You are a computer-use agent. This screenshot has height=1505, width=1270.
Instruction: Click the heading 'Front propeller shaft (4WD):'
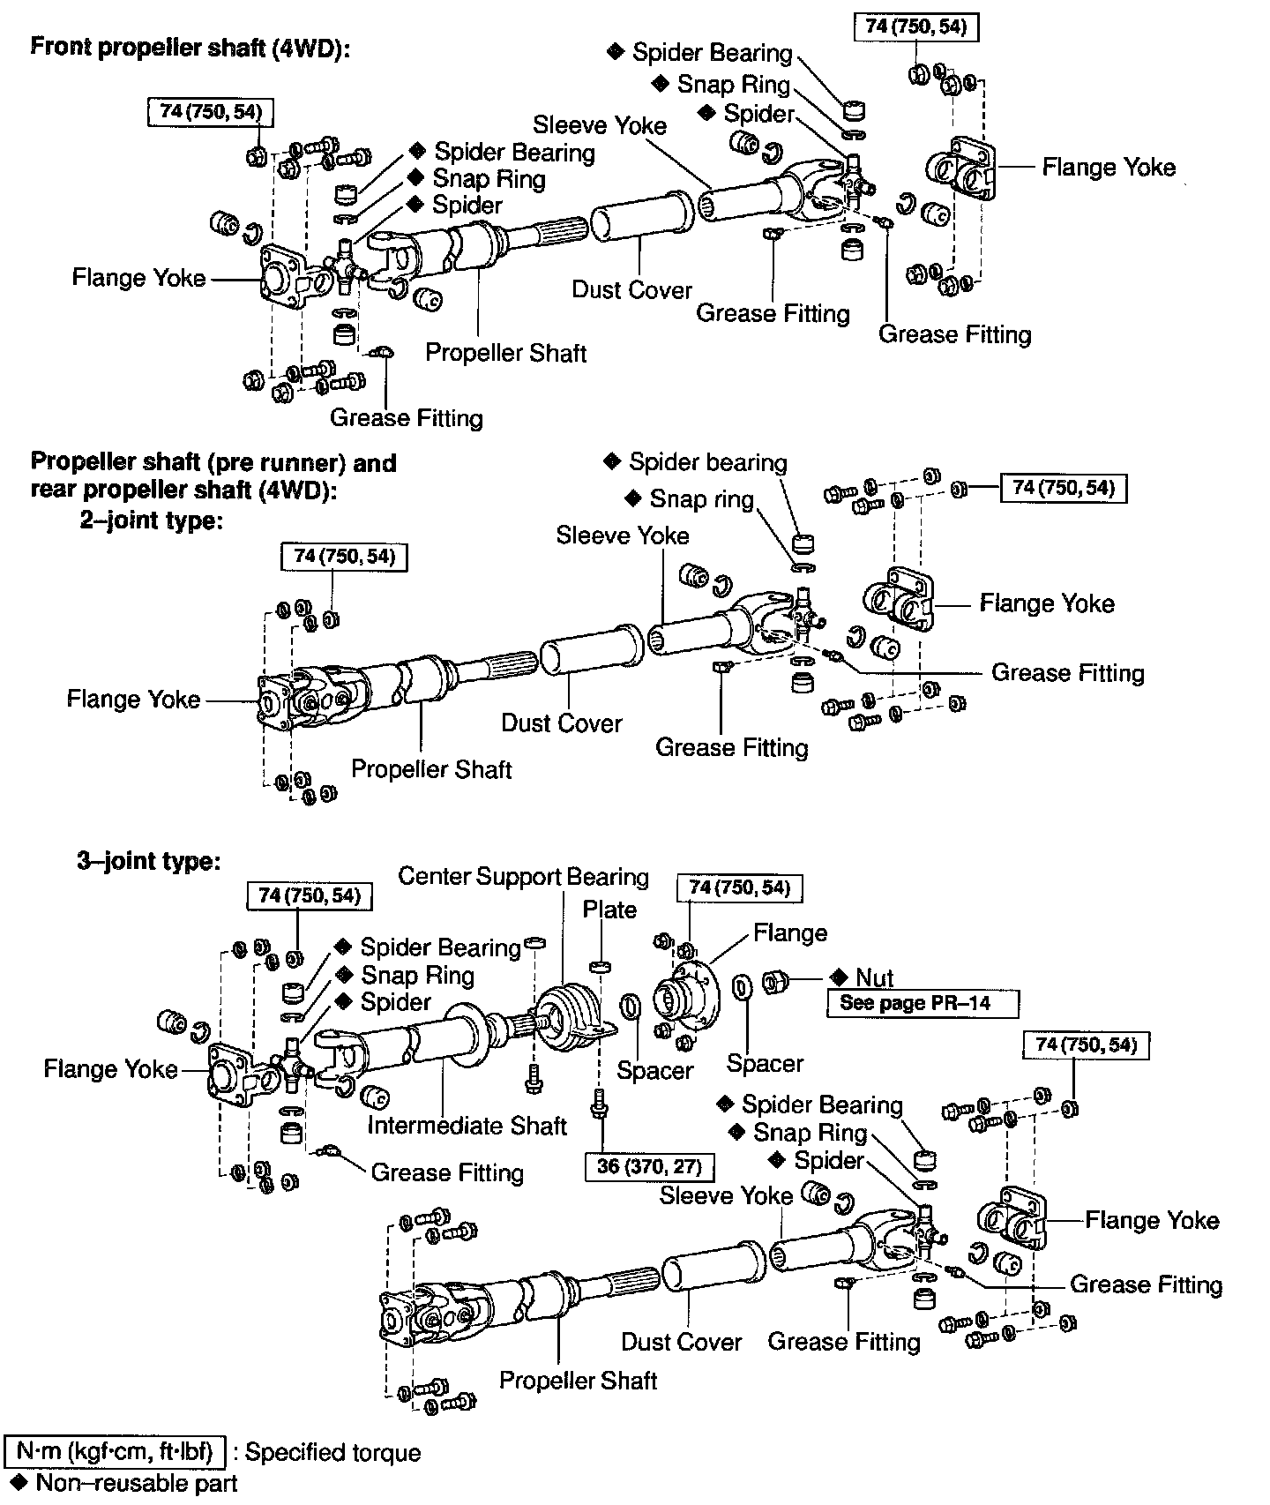pos(190,48)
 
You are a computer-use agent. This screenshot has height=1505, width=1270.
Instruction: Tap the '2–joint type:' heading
pos(151,520)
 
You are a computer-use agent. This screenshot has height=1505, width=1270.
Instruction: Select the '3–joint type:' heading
pos(148,860)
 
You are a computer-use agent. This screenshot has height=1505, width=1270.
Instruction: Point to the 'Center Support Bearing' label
pos(523,876)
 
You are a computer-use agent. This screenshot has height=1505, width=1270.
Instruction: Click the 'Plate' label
pos(609,910)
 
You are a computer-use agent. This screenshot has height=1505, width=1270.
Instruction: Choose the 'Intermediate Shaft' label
pos(467,1126)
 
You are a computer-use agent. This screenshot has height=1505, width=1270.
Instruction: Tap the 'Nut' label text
pos(874,977)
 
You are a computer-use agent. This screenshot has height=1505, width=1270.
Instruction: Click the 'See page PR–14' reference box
pos(922,1003)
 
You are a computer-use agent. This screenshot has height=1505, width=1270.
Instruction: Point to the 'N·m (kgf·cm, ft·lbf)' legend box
pos(116,1451)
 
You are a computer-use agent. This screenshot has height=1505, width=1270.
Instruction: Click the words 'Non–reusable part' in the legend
pos(137,1483)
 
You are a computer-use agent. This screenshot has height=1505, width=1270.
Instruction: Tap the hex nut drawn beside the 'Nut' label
pos(775,981)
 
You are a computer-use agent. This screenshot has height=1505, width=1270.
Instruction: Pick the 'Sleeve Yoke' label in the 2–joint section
pos(623,535)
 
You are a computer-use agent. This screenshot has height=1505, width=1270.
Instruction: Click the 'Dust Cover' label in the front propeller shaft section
pos(631,289)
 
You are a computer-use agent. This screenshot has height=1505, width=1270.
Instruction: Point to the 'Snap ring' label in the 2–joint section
pos(701,499)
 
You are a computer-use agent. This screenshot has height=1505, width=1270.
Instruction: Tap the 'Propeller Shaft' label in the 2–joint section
pos(431,768)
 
